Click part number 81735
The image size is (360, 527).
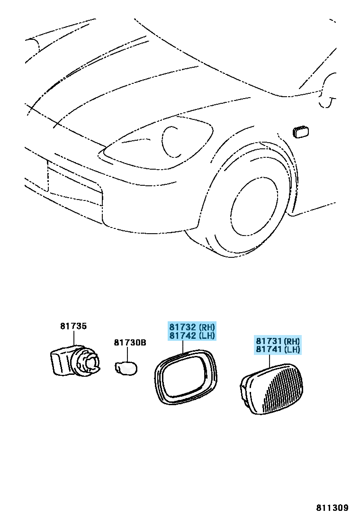[x=73, y=326]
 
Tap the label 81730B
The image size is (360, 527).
[x=130, y=343]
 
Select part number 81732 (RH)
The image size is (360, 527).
[x=192, y=327]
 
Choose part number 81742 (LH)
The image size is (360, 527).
[x=192, y=336]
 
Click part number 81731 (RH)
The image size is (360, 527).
[x=278, y=341]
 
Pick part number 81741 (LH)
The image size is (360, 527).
[x=278, y=349]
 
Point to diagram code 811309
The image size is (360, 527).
[x=332, y=508]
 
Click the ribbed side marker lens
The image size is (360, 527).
[x=272, y=389]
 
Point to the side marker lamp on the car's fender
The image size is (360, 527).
[x=301, y=132]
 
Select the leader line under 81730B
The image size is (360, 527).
[x=127, y=354]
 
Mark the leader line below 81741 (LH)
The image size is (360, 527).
[x=270, y=360]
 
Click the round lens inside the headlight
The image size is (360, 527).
[x=170, y=142]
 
